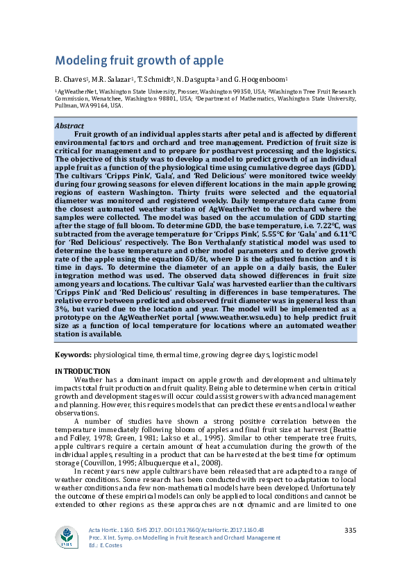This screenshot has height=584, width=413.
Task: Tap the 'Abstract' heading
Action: pyautogui.click(x=69, y=126)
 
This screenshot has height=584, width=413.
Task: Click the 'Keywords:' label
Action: pyautogui.click(x=73, y=354)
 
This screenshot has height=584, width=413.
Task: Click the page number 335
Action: pyautogui.click(x=350, y=531)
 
